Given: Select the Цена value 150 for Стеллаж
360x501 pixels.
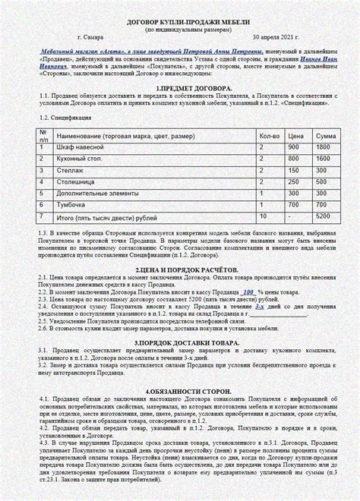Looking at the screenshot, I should [295, 171].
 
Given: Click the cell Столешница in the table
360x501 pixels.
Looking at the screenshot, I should [74, 182].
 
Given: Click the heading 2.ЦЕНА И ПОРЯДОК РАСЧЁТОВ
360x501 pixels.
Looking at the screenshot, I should [179, 270].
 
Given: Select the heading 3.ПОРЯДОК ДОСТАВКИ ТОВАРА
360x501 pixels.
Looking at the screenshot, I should [179, 343].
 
